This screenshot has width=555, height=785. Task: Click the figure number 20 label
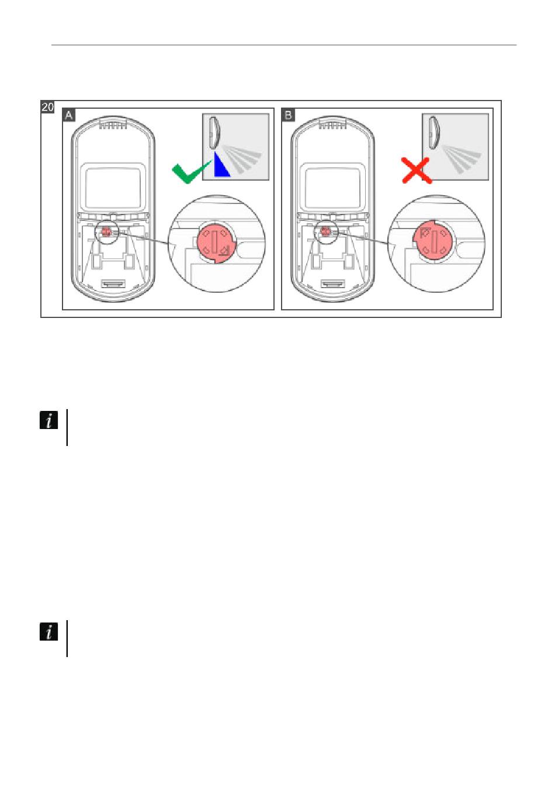pos(48,107)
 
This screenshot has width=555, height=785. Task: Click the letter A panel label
pos(69,115)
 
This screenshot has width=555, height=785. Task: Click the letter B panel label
pos(288,115)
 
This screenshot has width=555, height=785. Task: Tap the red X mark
pos(415,170)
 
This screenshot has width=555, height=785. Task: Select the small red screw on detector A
pos(106,232)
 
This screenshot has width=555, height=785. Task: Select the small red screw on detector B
pos(325,232)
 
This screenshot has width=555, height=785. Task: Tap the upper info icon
pos(49,420)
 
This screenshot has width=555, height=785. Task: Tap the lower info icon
pos(49,631)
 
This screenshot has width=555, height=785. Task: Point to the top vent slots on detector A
pos(113,125)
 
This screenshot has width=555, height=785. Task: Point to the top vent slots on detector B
pos(332,125)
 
